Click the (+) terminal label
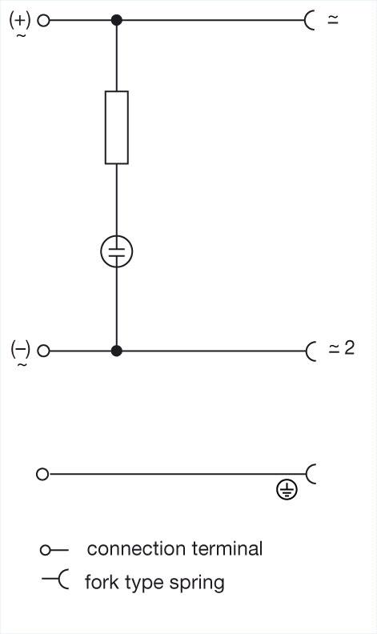click(x=20, y=20)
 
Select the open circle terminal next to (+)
click(x=43, y=20)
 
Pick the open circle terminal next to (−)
click(x=43, y=351)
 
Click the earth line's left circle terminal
click(x=42, y=474)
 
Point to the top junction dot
click(x=117, y=20)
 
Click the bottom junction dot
click(x=117, y=351)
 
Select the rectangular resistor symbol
click(x=117, y=127)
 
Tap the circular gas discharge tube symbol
click(x=117, y=251)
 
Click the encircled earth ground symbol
click(x=287, y=490)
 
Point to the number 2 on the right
click(x=349, y=347)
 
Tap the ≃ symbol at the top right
click(x=332, y=20)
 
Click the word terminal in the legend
click(x=227, y=548)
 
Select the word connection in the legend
click(x=136, y=549)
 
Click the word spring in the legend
click(x=197, y=583)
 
